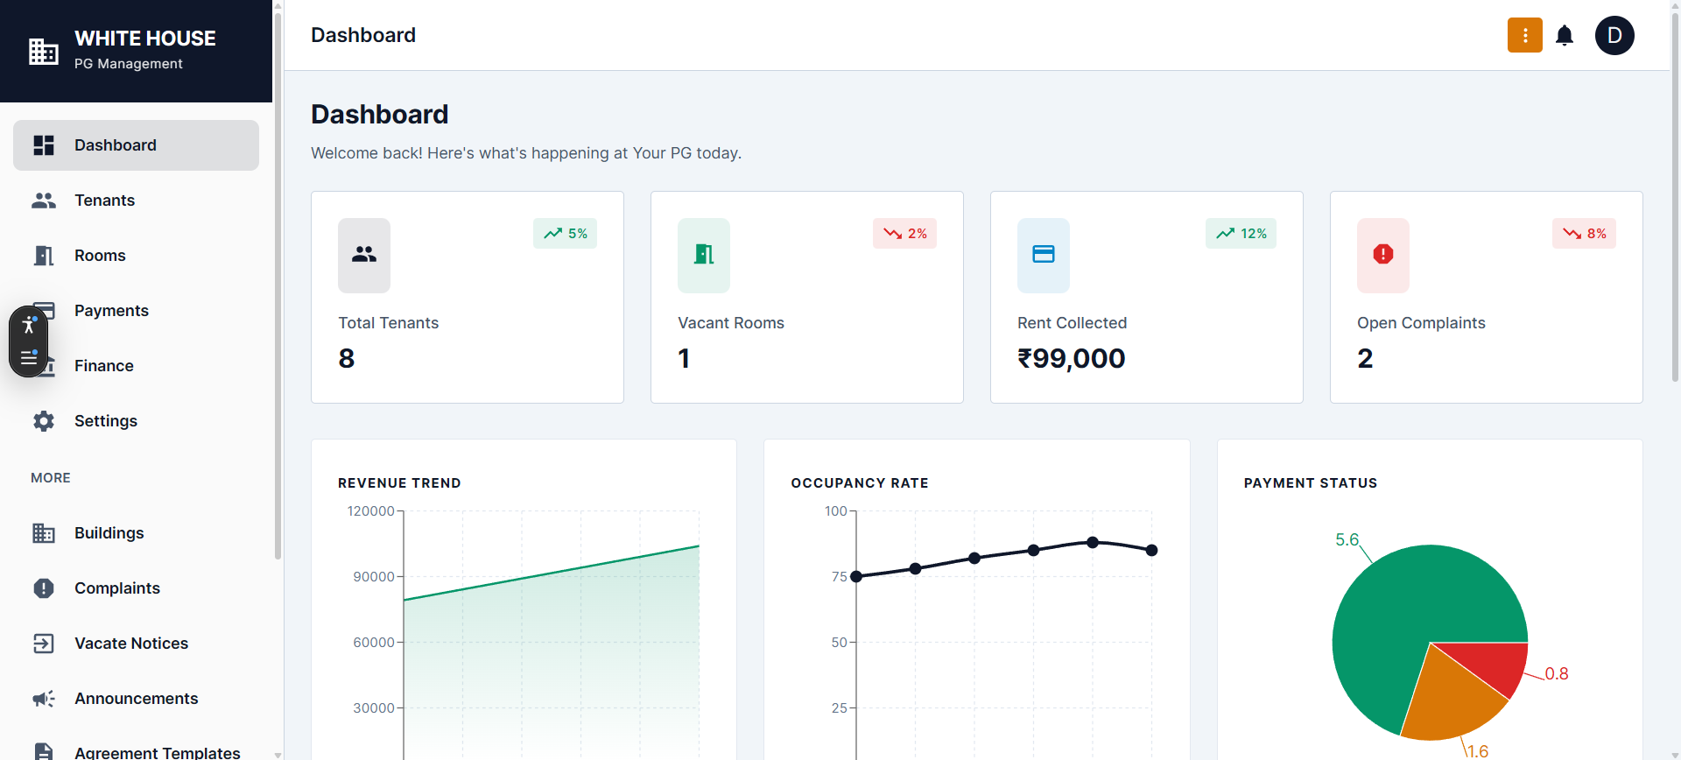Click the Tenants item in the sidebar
(x=104, y=201)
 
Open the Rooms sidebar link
(x=100, y=256)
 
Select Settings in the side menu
(x=105, y=421)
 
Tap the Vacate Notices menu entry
(x=130, y=644)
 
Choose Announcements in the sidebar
(x=136, y=699)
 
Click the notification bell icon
(x=1565, y=36)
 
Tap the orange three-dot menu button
(x=1524, y=36)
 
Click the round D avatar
(x=1614, y=36)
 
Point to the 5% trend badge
(x=565, y=234)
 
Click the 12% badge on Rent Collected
(x=1241, y=234)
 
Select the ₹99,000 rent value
(x=1071, y=359)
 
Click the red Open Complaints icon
(x=1382, y=255)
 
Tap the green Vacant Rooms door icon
(x=703, y=255)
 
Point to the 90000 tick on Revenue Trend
(x=373, y=577)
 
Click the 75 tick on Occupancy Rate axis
(x=839, y=577)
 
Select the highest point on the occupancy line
(x=1093, y=542)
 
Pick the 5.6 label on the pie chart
(x=1347, y=540)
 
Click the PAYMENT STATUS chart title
(x=1310, y=483)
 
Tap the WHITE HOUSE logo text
(x=145, y=39)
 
